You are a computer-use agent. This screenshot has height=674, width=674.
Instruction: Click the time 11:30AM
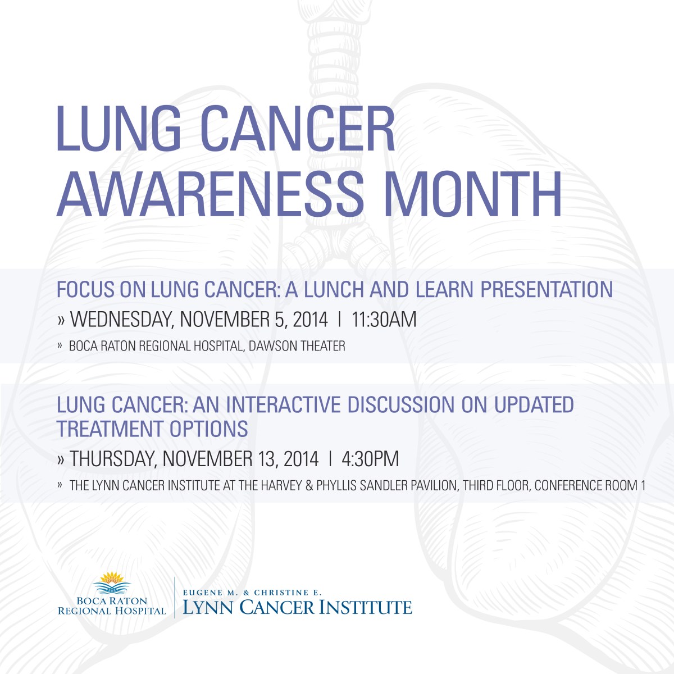point(384,320)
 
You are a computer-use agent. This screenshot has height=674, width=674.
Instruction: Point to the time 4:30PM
point(370,458)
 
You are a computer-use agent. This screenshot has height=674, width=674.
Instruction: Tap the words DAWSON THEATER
point(297,346)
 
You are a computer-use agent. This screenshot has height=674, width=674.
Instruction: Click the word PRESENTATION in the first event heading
point(547,289)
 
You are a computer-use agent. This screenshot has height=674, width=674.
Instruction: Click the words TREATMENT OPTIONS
point(152,429)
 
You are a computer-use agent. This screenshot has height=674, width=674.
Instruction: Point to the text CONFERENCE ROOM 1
point(590,485)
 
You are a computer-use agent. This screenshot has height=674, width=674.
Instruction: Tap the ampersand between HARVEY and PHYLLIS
point(309,485)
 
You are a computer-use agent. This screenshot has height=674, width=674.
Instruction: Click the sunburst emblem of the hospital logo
point(112,577)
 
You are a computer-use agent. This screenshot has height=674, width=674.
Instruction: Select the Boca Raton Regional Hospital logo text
point(112,606)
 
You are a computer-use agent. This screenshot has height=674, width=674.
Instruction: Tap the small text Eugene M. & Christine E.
point(252,593)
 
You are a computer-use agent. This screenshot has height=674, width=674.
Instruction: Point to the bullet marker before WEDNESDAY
point(61,320)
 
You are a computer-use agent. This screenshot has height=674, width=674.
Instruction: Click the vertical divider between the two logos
point(174,598)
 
